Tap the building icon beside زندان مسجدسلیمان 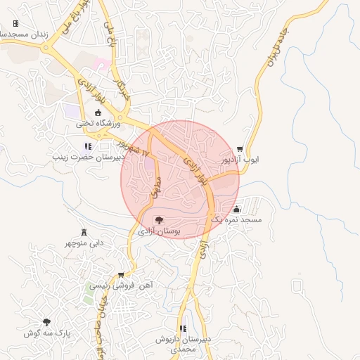[x=15, y=23]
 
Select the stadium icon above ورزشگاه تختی [x=98, y=112]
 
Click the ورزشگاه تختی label [x=99, y=124]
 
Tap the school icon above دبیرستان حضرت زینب [x=88, y=147]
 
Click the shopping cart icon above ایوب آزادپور [x=240, y=149]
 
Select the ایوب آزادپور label [x=240, y=160]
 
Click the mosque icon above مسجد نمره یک [x=236, y=209]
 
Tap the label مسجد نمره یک [x=236, y=220]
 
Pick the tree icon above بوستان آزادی [x=159, y=220]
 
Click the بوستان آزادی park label [x=159, y=231]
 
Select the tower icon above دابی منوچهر [x=84, y=232]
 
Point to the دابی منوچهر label [x=84, y=243]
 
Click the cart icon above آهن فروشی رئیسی [x=121, y=274]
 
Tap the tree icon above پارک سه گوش [x=46, y=322]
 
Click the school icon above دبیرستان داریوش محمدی [x=183, y=328]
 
